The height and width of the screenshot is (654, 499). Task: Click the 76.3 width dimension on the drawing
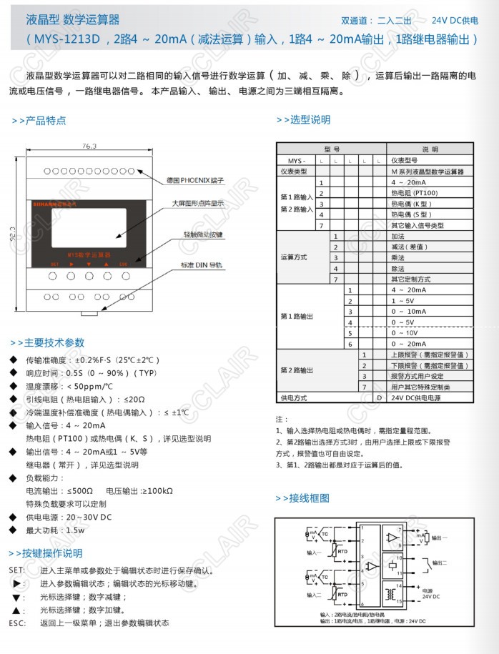89,146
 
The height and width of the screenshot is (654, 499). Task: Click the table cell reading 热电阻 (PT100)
415,193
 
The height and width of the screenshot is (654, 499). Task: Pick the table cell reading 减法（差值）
410,247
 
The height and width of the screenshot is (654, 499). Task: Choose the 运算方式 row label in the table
294,257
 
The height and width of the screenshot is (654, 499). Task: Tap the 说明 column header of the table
430,150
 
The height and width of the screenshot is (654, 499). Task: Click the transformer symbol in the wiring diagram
390,593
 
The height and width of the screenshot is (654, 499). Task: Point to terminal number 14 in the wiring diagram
400,585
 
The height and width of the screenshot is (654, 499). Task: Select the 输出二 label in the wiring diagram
441,563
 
